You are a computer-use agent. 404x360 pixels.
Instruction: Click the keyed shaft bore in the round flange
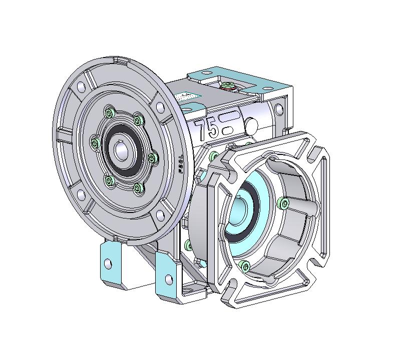point(121,150)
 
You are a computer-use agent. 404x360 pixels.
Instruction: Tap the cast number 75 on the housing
point(207,129)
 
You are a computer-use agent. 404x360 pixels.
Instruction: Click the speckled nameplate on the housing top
point(188,96)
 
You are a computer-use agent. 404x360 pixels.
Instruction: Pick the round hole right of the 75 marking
point(252,124)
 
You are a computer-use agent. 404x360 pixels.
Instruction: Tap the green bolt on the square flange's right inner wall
point(284,202)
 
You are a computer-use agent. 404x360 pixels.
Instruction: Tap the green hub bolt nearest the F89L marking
point(153,158)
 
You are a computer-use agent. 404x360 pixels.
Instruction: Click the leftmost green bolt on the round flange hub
point(94,143)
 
